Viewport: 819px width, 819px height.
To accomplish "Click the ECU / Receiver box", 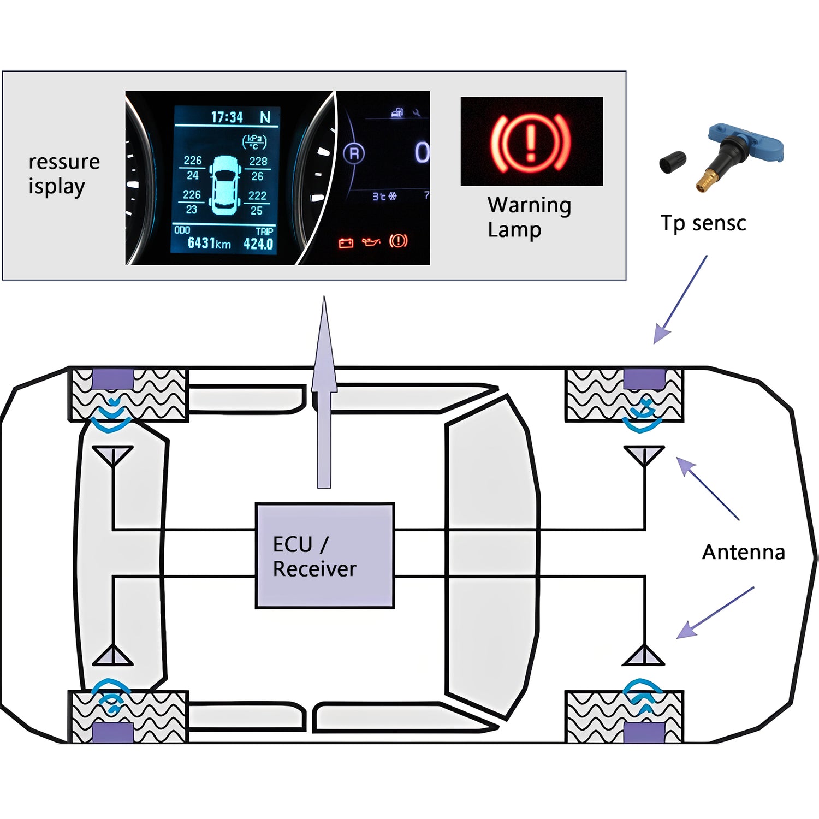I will coord(325,555).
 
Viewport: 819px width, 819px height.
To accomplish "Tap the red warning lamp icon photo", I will coord(531,141).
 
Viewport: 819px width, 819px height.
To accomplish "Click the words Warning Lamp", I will coord(529,217).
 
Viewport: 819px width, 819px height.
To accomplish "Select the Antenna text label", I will coord(743,552).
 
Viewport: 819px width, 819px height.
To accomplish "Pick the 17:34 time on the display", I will coord(227,117).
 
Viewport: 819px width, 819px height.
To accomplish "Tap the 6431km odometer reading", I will coord(209,244).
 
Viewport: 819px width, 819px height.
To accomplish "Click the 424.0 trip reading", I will coord(258,244).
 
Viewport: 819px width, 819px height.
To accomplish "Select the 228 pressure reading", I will coord(258,162).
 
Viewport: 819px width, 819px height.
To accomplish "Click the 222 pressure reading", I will coord(257,195).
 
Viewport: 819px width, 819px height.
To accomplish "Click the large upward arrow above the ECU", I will coord(324,393).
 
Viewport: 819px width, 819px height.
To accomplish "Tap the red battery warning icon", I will coord(346,242).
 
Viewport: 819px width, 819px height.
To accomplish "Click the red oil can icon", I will coord(371,242).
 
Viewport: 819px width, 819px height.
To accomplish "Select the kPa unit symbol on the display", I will coord(254,142).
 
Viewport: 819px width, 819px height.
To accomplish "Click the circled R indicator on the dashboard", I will coord(354,153).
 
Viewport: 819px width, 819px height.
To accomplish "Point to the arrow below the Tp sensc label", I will coord(680,300).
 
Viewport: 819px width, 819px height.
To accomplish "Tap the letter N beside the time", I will coord(265,117).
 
